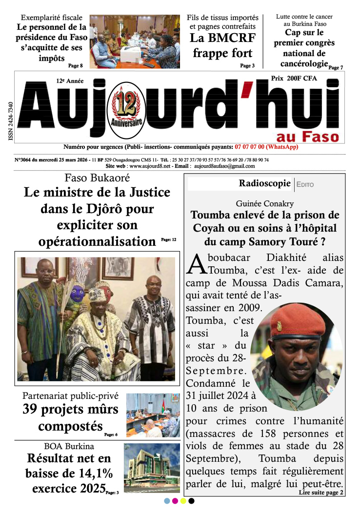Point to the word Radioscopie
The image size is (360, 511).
pyautogui.click(x=265, y=183)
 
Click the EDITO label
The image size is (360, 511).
pyautogui.click(x=305, y=185)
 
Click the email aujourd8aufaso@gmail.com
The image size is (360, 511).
pyautogui.click(x=224, y=166)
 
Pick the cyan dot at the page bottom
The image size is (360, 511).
pyautogui.click(x=167, y=501)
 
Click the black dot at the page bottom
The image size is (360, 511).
pyautogui.click(x=191, y=501)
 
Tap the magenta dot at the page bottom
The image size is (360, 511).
pyautogui.click(x=175, y=501)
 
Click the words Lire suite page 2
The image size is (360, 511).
pyautogui.click(x=321, y=493)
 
